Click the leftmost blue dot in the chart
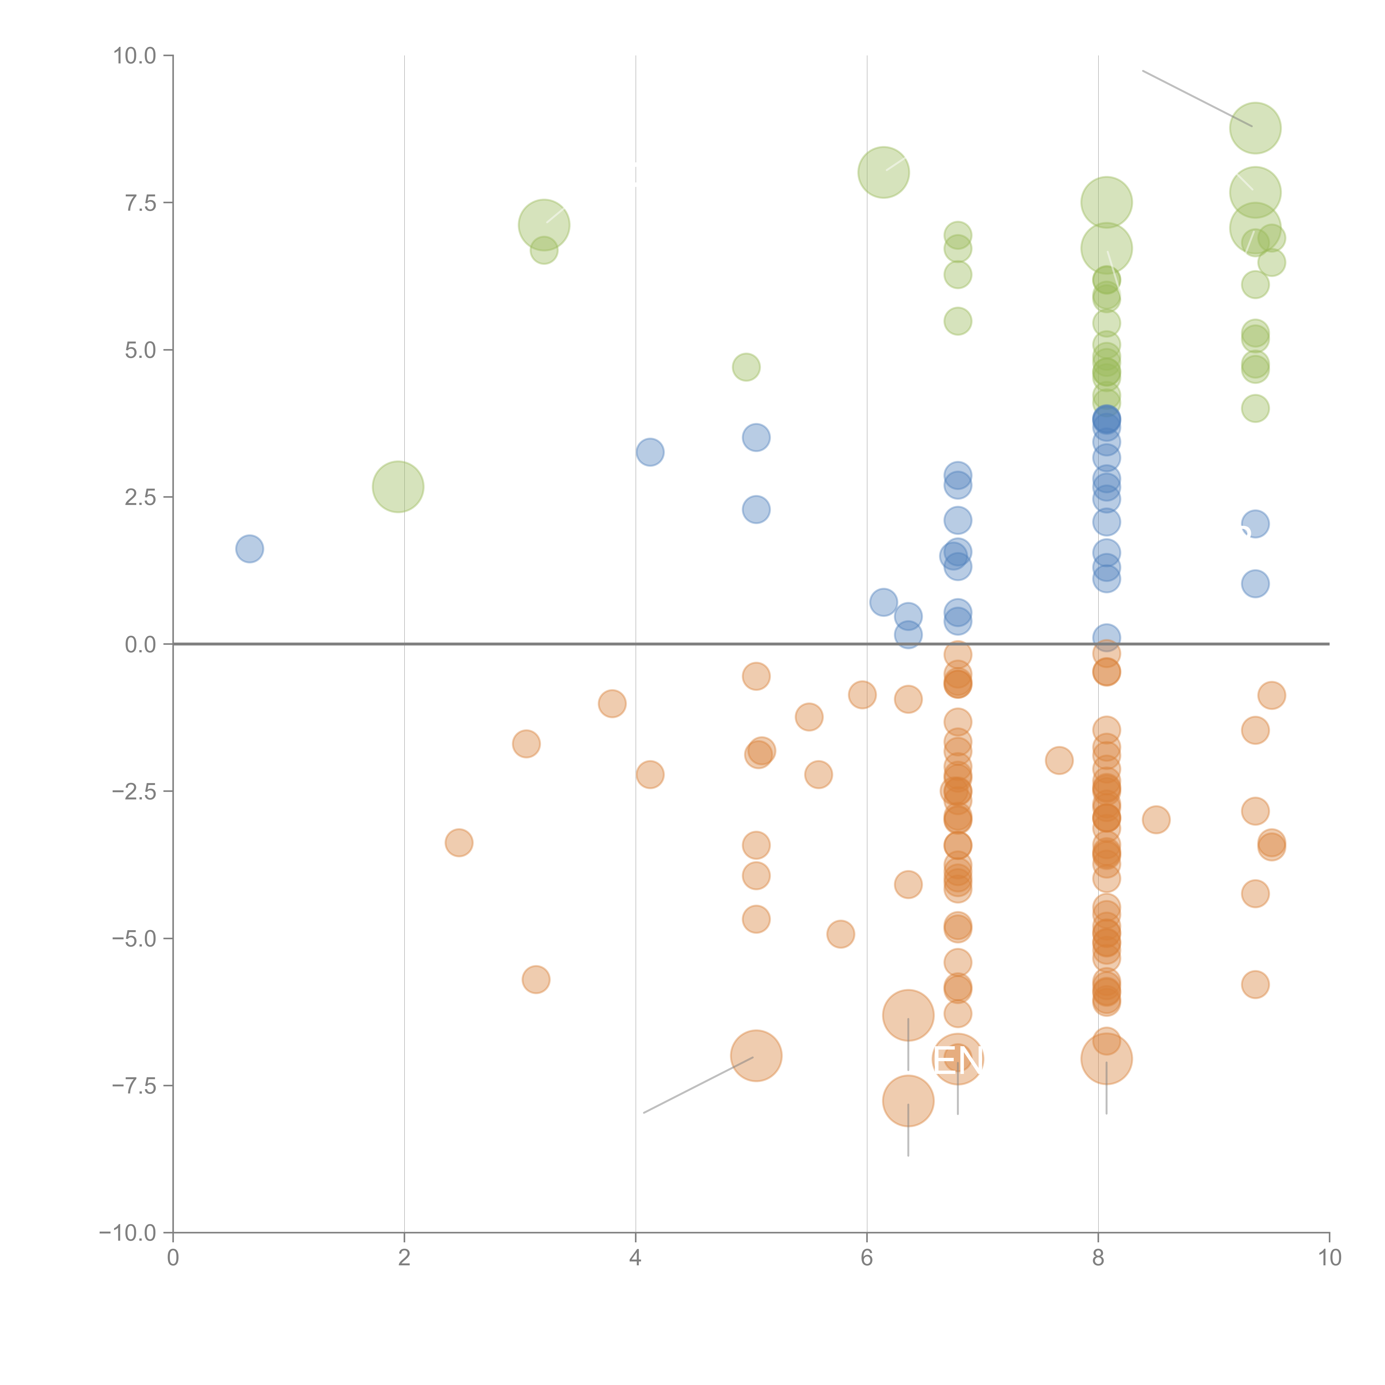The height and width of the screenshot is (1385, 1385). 250,549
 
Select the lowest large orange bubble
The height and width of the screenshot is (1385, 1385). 908,1101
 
